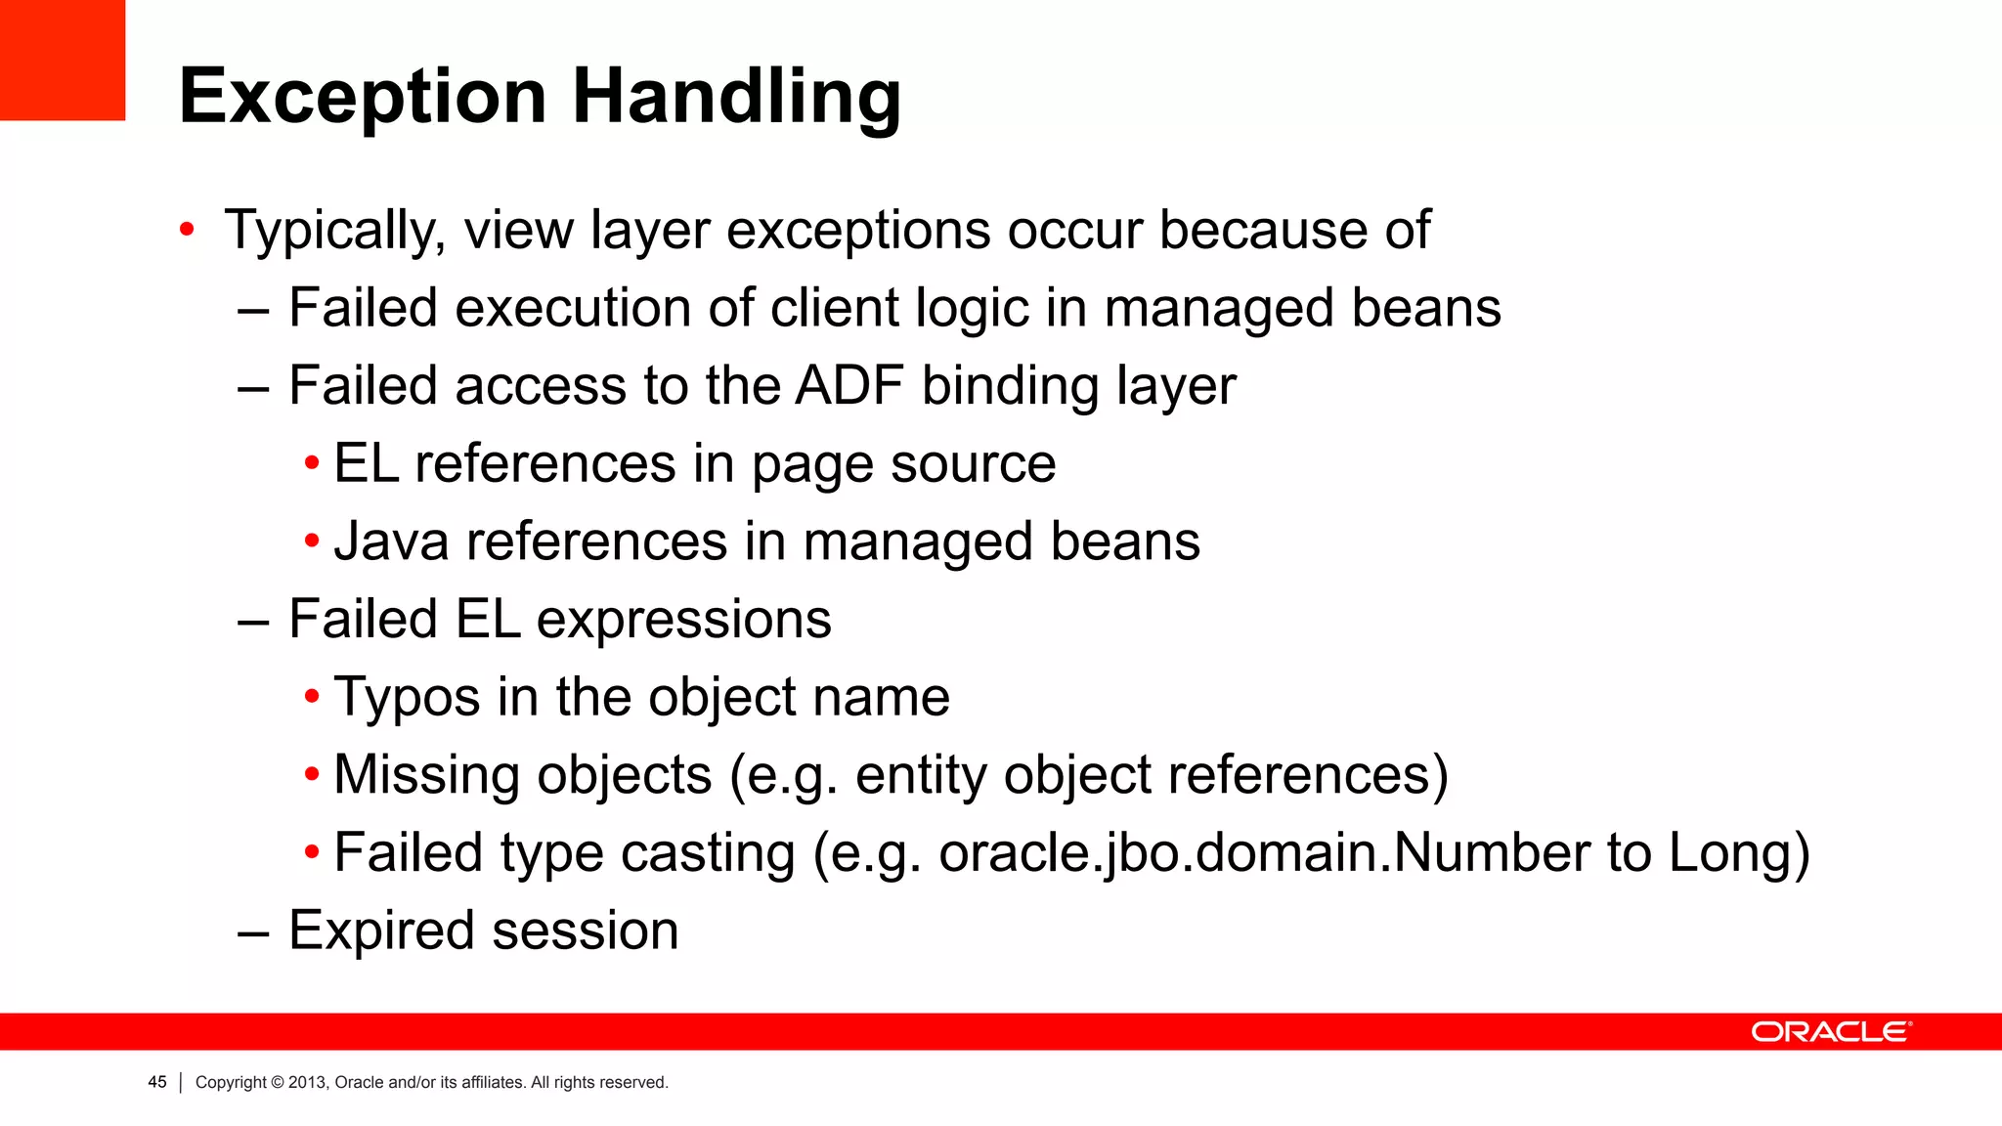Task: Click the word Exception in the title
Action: pos(363,98)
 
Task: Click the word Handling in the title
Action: pos(736,98)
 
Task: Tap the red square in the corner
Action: pos(62,60)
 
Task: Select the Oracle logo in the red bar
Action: pos(1830,1032)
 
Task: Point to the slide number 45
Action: pos(157,1082)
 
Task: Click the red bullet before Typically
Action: pos(187,231)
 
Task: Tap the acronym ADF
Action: pos(849,385)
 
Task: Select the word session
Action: pos(586,931)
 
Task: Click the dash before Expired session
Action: pos(253,931)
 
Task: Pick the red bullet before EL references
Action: pos(312,462)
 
